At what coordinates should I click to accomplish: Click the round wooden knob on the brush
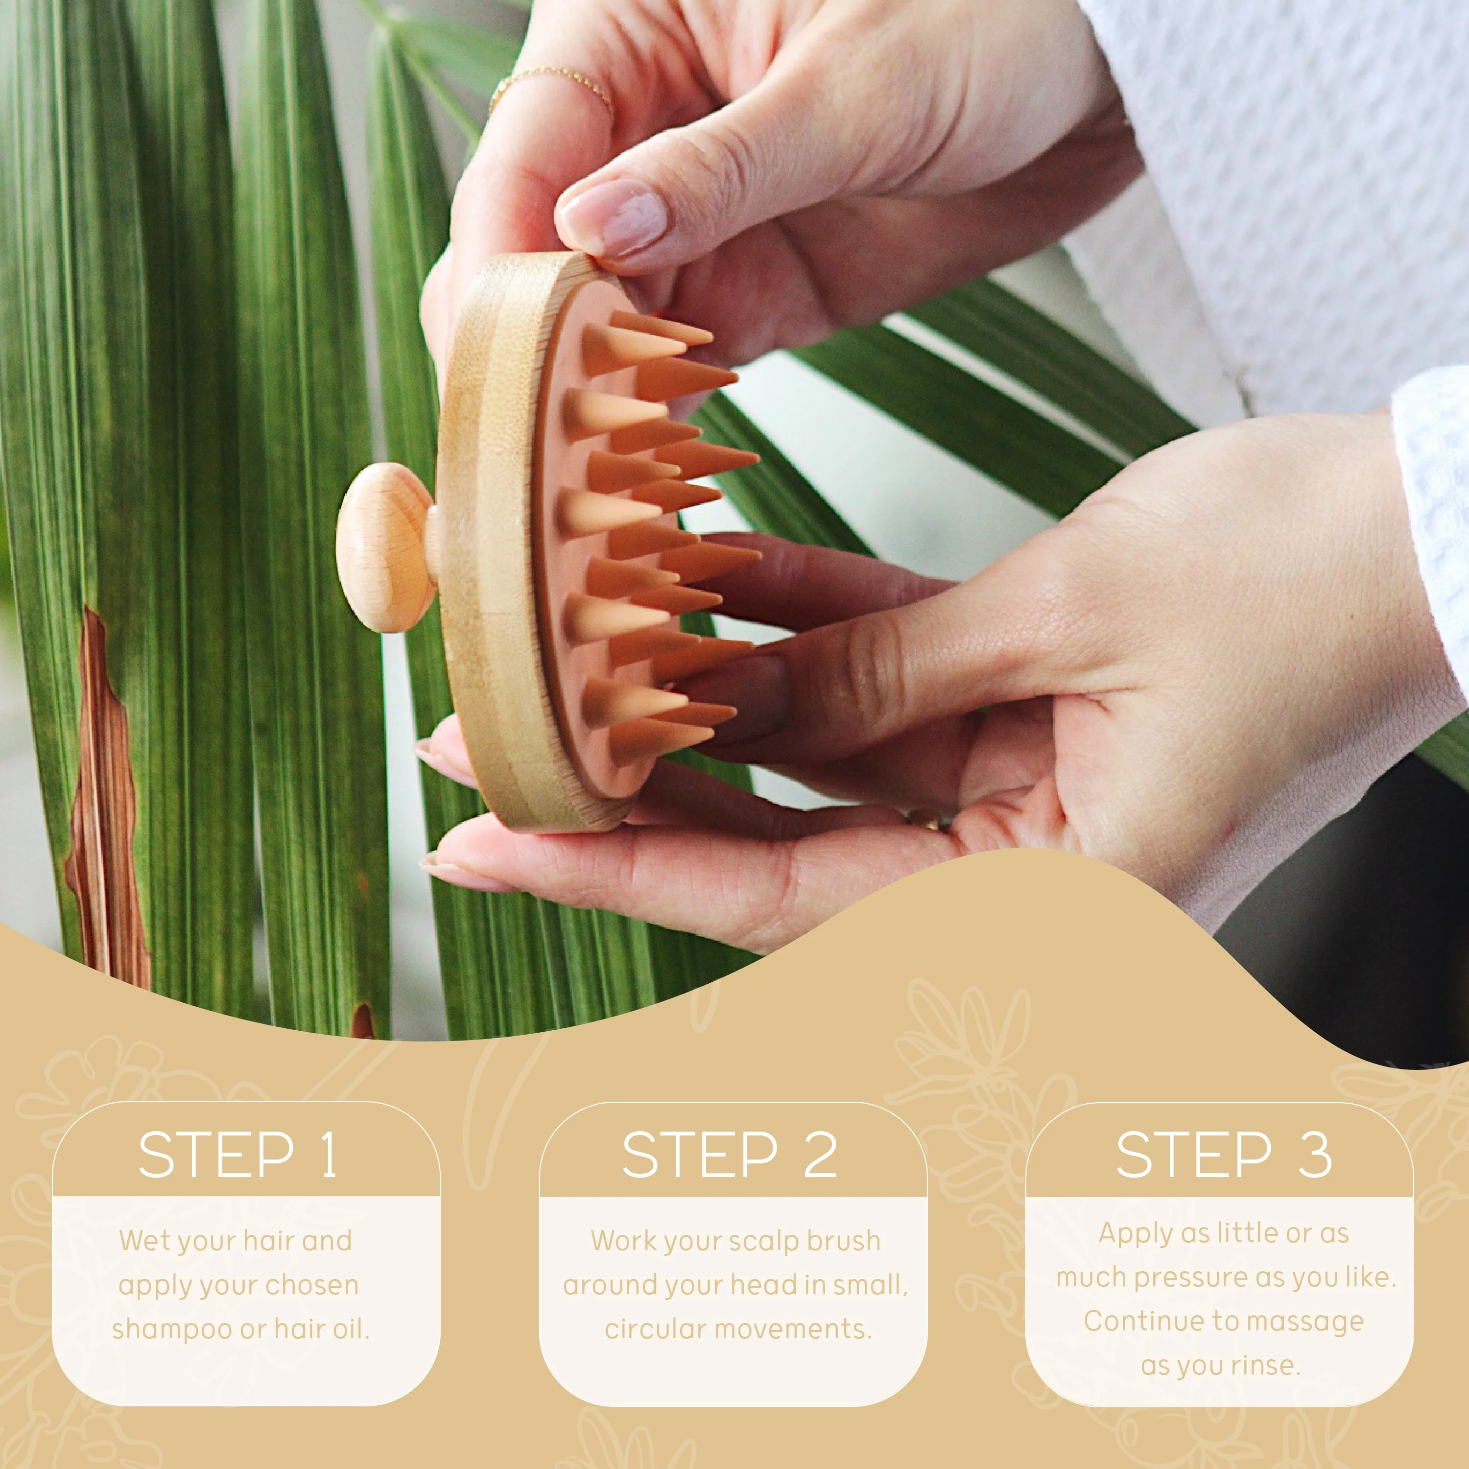tap(384, 547)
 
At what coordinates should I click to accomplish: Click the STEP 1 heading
tap(237, 1155)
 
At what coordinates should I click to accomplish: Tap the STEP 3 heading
tap(1223, 1155)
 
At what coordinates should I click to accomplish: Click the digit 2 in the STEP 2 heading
tap(820, 1155)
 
